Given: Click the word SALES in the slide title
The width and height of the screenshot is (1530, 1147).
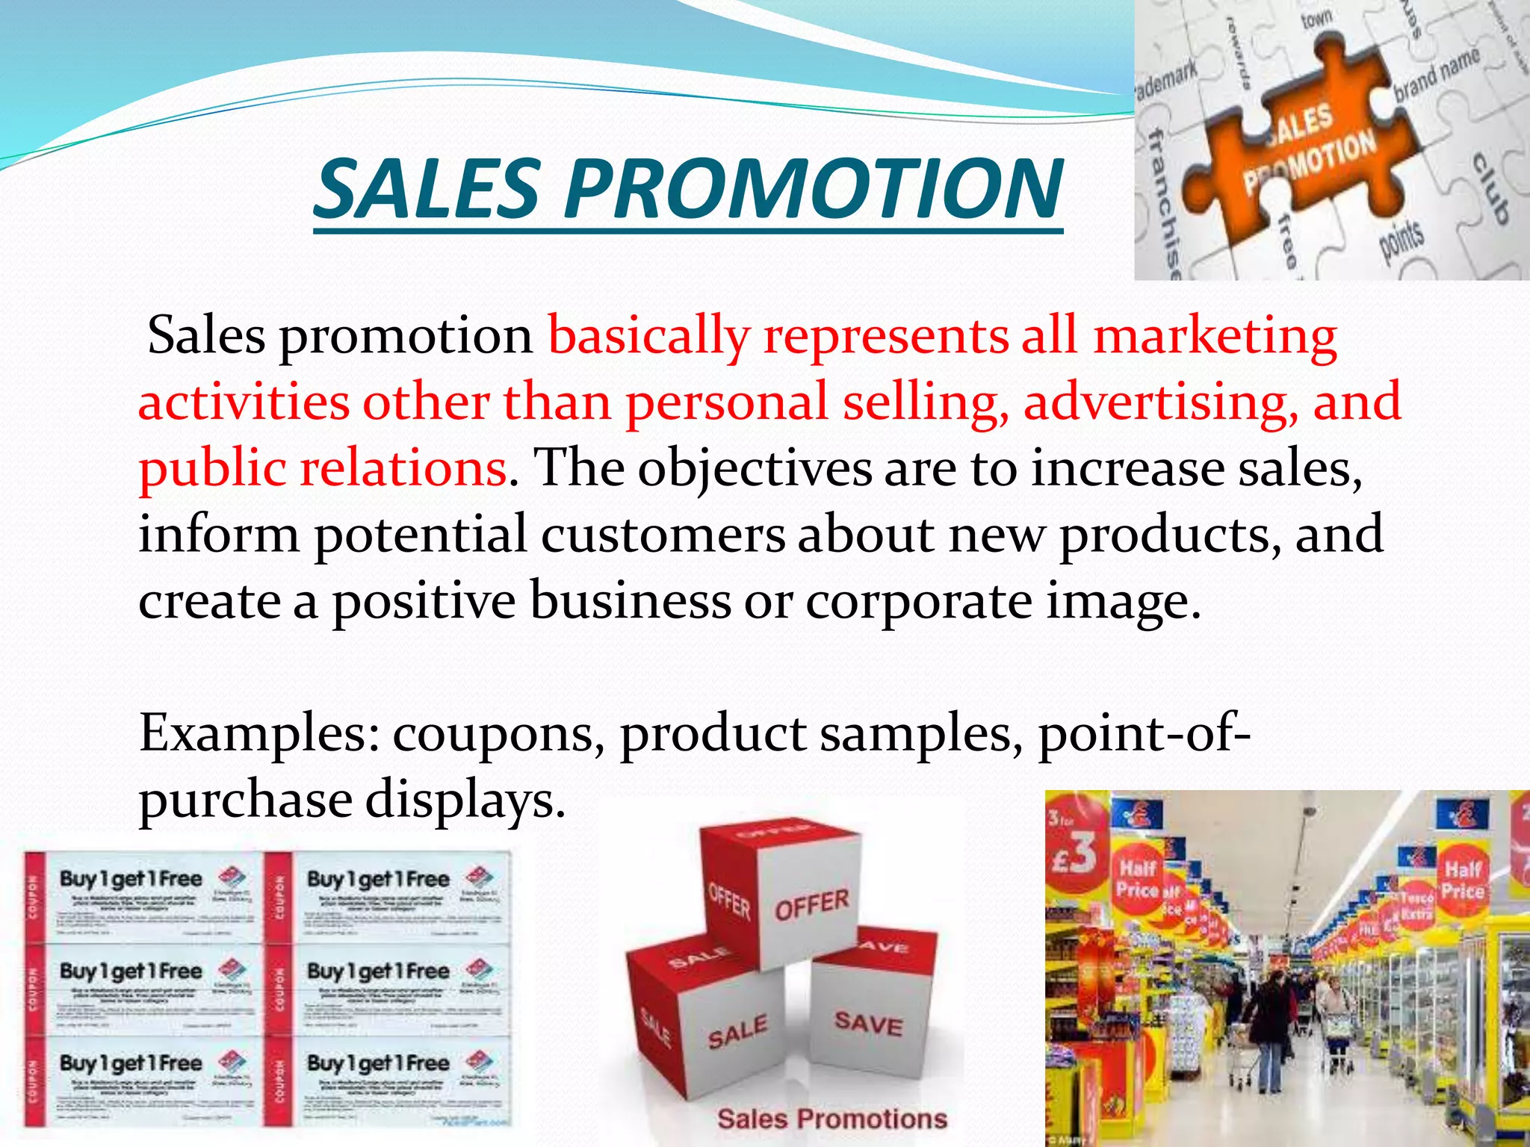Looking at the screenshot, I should point(427,188).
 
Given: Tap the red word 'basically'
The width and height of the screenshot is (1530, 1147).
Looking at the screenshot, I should point(648,336).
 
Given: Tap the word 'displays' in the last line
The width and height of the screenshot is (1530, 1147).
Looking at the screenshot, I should point(463,801).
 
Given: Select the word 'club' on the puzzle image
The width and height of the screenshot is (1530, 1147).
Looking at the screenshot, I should point(1490,187).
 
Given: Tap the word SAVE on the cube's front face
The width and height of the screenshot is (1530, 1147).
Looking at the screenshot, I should point(868,1023).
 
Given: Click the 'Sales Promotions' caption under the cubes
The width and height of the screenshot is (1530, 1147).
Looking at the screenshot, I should point(831,1118).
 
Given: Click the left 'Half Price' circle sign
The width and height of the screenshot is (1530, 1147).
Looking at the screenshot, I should point(1137,877).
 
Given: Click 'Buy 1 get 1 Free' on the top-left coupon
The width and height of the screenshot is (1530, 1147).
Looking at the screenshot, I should point(131,879).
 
